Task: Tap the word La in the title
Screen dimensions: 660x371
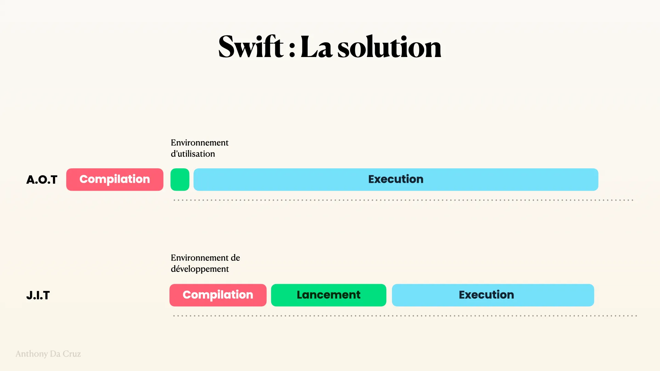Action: [316, 47]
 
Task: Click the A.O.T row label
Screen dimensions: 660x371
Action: [42, 180]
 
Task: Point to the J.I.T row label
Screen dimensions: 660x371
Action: [38, 295]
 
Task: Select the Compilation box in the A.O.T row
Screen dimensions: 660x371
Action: [115, 179]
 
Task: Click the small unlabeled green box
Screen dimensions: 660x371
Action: [180, 179]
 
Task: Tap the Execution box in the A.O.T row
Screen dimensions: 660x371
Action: [396, 179]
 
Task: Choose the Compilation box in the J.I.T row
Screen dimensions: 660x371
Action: [218, 295]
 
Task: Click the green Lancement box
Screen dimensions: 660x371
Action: [329, 295]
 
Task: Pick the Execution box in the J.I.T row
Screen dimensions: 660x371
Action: [493, 295]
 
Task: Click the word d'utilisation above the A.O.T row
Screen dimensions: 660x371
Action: [193, 154]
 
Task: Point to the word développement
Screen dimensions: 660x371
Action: [200, 269]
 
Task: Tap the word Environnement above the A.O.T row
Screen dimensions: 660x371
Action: [200, 143]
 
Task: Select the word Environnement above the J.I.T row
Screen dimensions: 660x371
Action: [200, 258]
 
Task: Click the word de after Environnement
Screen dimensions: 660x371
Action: [235, 258]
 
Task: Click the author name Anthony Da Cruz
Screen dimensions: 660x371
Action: [48, 354]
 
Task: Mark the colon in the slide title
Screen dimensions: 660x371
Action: [292, 50]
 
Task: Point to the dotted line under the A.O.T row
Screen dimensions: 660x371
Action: [403, 200]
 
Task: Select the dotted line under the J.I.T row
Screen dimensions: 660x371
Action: [405, 316]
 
